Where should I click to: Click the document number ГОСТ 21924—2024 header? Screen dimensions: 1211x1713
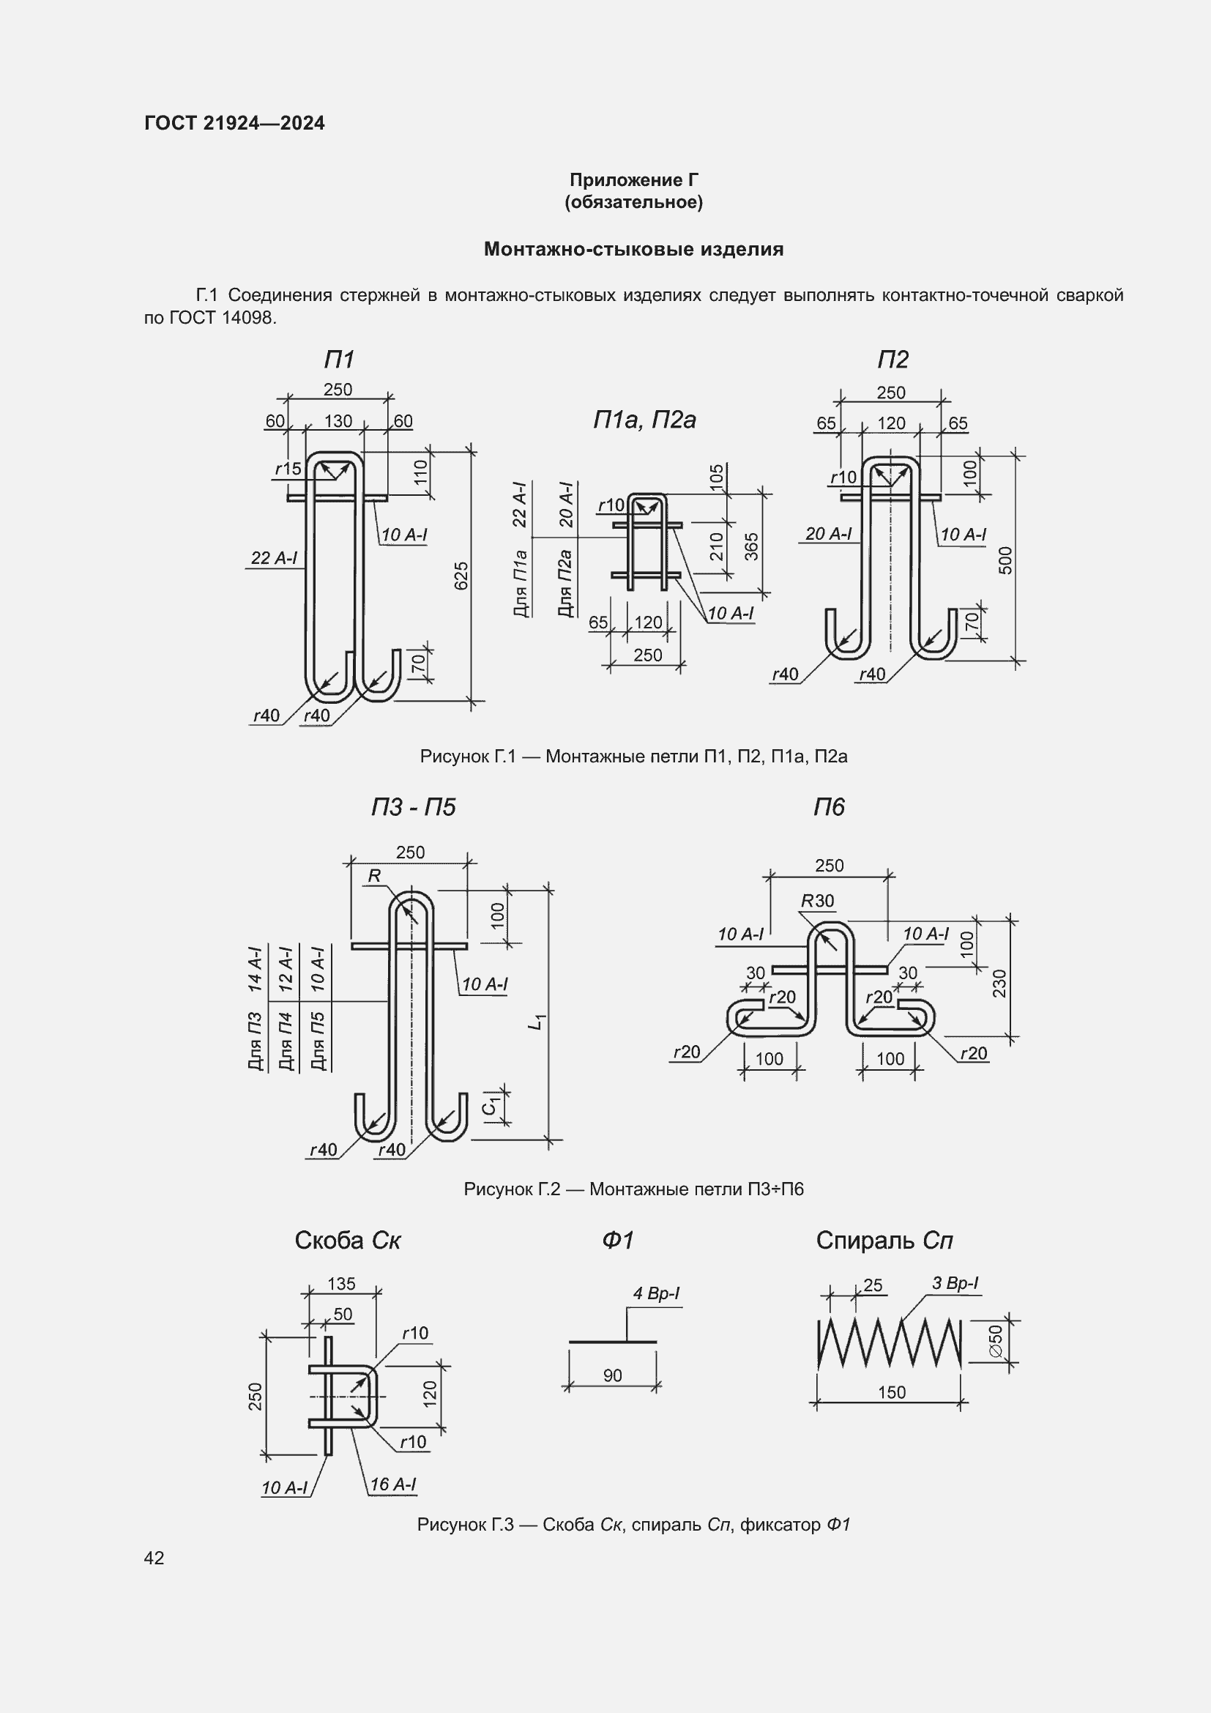tap(235, 123)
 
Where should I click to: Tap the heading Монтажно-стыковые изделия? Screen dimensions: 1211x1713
tap(634, 249)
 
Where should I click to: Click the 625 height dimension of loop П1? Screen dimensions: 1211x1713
tap(461, 575)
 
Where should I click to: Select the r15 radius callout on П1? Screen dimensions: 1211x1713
tap(288, 469)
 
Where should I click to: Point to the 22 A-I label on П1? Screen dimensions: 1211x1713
tap(274, 557)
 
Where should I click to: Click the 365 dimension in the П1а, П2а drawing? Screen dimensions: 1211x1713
tap(752, 546)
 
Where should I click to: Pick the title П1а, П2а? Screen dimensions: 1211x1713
tap(644, 420)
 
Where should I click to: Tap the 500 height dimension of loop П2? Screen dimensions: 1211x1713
tap(1005, 560)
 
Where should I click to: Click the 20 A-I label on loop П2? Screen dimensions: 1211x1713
tap(828, 533)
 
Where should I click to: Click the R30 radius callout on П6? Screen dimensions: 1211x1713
tap(817, 901)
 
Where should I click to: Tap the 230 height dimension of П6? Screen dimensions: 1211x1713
tap(999, 983)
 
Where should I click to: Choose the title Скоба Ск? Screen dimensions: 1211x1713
tap(348, 1240)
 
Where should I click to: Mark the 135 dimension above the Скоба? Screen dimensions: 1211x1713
tap(341, 1283)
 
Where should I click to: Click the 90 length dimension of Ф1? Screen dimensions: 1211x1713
tap(612, 1375)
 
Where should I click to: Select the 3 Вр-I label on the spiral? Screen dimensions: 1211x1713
tap(955, 1282)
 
